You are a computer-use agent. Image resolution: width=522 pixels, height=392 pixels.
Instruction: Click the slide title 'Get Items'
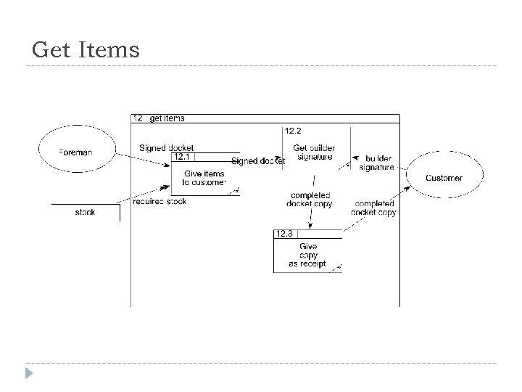click(x=86, y=50)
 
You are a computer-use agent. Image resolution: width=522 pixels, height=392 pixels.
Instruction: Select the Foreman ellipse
click(x=76, y=151)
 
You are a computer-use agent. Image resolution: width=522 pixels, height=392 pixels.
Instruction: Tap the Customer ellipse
click(x=444, y=178)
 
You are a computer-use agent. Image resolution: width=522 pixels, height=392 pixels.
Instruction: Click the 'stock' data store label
click(x=86, y=213)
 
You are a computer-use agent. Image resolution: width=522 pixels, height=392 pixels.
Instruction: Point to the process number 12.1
click(x=181, y=157)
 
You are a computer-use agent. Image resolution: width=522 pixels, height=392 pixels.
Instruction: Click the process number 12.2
click(x=293, y=131)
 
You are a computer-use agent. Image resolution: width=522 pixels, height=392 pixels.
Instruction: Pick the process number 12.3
click(x=283, y=234)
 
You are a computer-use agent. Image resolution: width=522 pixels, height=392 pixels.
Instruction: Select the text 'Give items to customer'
click(x=204, y=178)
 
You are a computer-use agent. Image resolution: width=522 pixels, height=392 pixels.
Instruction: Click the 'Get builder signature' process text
click(x=313, y=152)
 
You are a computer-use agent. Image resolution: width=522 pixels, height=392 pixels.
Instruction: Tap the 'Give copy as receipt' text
click(x=307, y=256)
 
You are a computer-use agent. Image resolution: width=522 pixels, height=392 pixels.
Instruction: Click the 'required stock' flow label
click(x=159, y=201)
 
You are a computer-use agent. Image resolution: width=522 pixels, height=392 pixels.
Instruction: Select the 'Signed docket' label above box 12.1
click(x=166, y=148)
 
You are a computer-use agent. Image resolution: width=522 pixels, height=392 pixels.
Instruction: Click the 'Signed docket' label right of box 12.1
click(x=257, y=160)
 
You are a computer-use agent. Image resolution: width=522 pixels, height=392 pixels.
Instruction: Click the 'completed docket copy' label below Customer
click(x=374, y=208)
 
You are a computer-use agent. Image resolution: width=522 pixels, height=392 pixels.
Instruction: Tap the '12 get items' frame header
click(x=159, y=118)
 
